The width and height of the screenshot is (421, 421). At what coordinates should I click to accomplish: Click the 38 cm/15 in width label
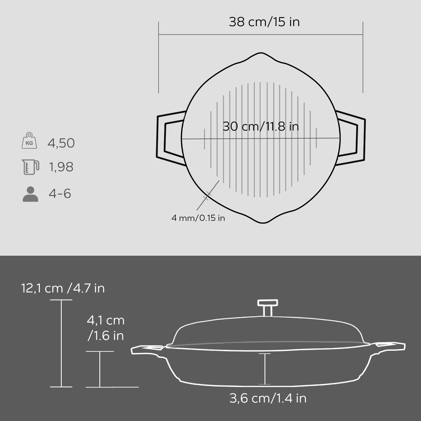264,22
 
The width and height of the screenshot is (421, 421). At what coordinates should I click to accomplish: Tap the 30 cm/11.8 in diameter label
261,126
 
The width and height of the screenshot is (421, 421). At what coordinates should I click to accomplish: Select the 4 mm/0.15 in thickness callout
198,218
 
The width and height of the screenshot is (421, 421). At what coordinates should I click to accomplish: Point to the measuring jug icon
30,167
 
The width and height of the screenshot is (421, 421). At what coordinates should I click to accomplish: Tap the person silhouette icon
30,194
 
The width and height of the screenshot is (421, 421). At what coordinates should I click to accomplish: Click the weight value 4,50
61,143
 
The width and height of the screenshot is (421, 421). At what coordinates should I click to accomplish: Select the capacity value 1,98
61,167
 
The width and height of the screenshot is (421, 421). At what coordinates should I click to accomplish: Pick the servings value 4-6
60,194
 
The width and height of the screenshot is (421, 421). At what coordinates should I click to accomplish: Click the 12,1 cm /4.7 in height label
63,288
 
